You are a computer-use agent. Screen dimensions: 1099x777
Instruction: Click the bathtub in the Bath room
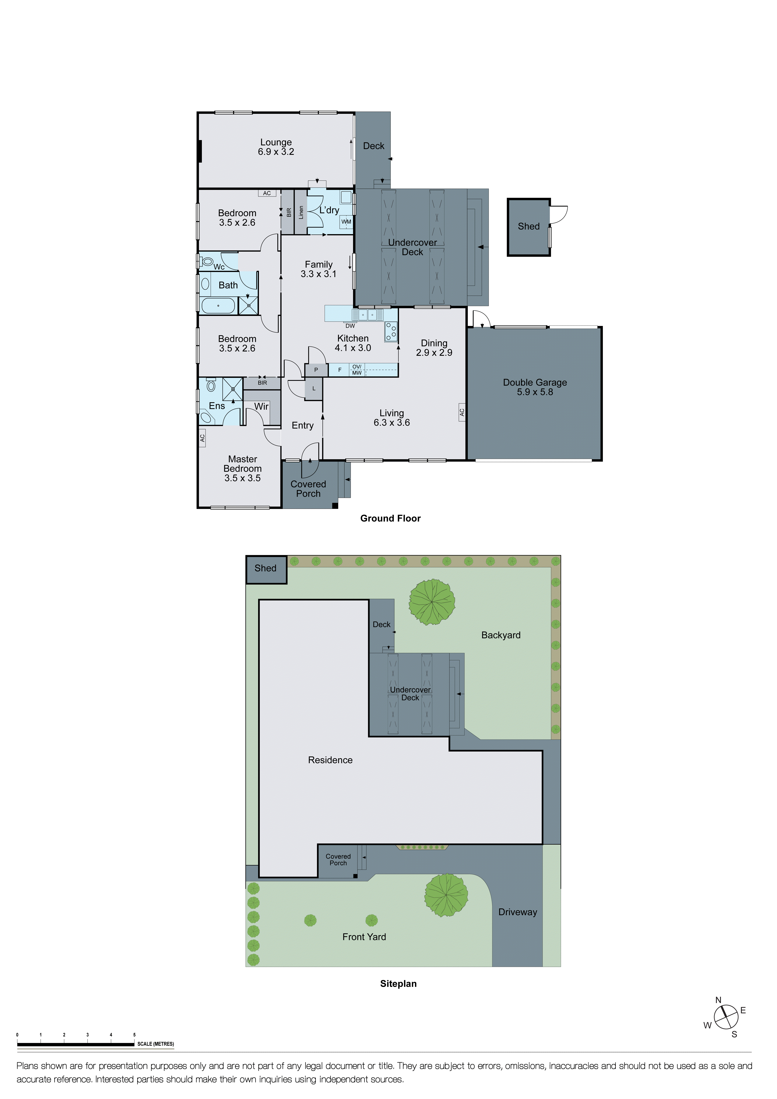218,305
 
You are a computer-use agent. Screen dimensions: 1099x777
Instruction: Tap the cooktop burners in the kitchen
391,331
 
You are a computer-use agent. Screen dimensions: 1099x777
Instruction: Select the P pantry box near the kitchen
316,370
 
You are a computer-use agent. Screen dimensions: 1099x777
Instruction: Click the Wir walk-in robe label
261,406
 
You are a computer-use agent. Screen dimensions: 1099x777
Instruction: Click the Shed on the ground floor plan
529,227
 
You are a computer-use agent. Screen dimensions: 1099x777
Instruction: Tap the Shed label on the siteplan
265,568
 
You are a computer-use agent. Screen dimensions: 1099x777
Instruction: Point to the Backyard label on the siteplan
501,635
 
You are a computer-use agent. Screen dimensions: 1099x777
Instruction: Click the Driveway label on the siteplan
518,912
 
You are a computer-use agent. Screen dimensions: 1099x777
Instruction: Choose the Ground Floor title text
390,518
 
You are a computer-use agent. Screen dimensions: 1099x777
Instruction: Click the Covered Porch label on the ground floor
308,489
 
